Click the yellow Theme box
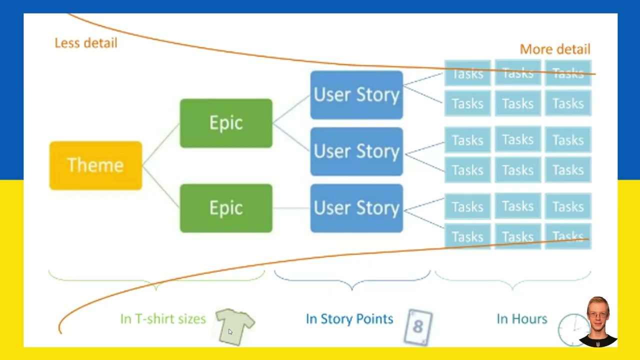(95, 165)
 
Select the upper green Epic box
(226, 123)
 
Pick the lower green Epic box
(226, 208)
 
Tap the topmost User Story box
(356, 95)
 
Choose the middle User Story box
(356, 151)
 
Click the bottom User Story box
(356, 208)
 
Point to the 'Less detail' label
(86, 43)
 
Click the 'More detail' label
(555, 49)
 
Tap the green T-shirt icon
(235, 326)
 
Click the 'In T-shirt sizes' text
(163, 319)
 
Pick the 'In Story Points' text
(349, 319)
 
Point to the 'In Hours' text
(522, 319)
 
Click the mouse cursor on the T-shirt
(230, 331)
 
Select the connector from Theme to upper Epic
(161, 144)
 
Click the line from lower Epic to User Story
(291, 208)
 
